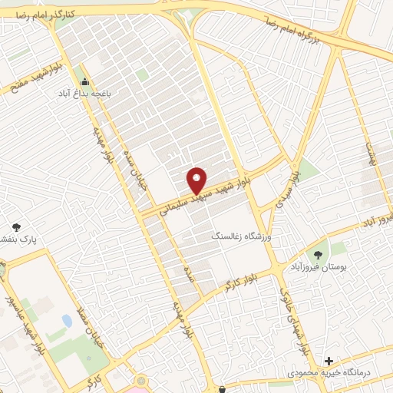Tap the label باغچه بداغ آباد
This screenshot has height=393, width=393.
84,94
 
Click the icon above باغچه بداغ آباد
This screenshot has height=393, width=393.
84,82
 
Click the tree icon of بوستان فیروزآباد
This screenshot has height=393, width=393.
315,254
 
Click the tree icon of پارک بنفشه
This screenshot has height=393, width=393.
17,227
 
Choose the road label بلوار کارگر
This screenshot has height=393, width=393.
228,286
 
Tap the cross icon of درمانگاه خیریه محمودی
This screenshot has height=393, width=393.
329,360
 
